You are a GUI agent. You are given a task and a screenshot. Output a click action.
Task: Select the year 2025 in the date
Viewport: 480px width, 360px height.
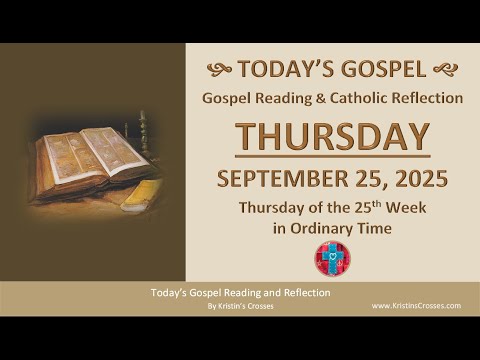(418, 181)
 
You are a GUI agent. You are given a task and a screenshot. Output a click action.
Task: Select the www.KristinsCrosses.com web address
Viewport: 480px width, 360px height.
(415, 305)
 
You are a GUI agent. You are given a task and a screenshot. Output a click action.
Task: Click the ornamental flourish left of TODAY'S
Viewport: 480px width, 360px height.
(220, 69)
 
